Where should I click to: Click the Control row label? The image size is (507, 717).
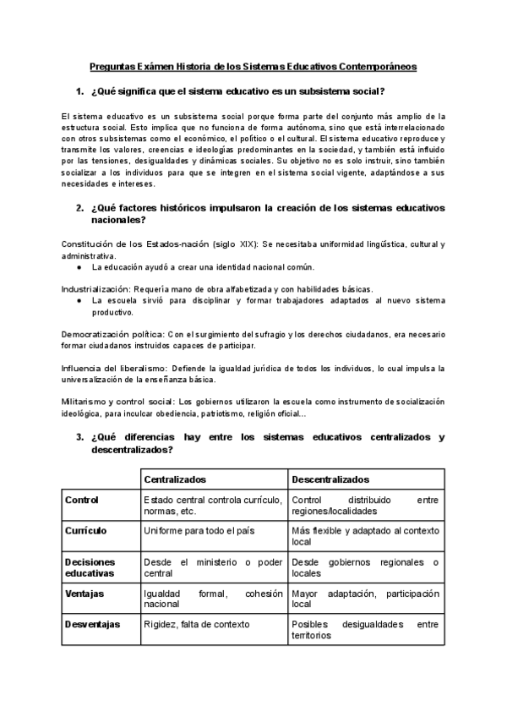click(x=82, y=500)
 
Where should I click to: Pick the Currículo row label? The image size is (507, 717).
click(x=86, y=529)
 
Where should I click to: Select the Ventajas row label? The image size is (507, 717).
click(x=85, y=594)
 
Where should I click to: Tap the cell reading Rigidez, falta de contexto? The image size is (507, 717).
click(x=197, y=624)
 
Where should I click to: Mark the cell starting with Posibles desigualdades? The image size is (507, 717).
click(x=365, y=630)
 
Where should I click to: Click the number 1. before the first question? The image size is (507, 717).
click(x=79, y=91)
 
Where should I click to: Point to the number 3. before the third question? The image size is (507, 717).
click(x=79, y=437)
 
